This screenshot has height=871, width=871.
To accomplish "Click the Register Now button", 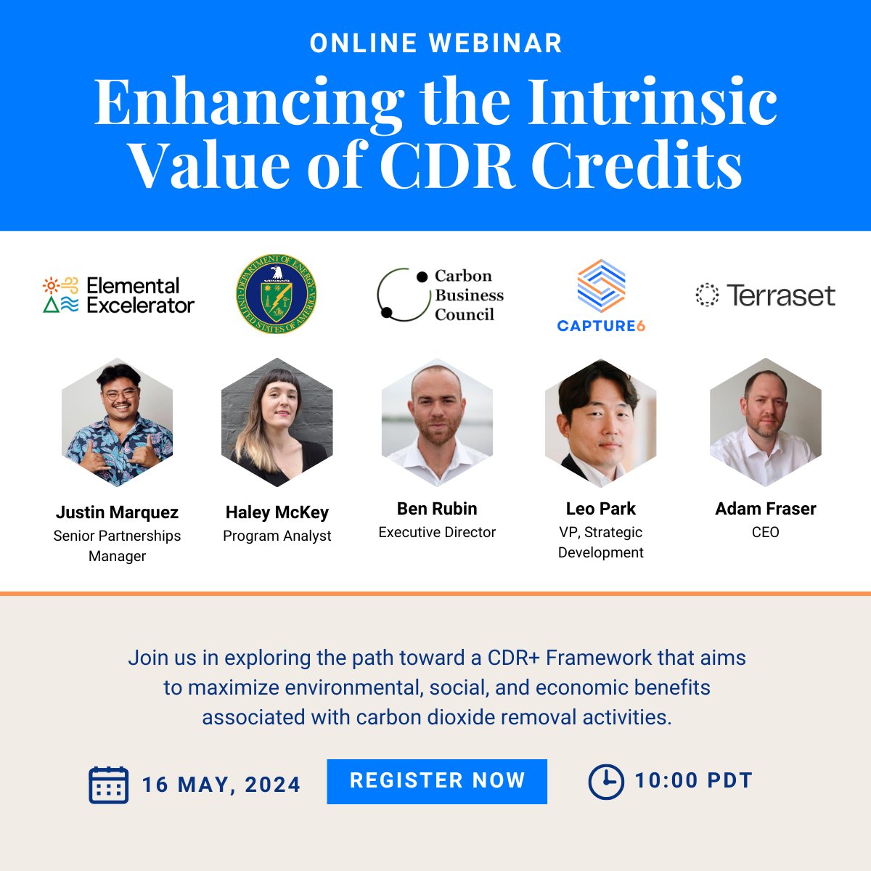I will pyautogui.click(x=437, y=781).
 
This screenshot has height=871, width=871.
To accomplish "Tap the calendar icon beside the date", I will pyautogui.click(x=108, y=785).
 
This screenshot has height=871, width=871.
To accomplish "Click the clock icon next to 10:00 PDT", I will pyautogui.click(x=605, y=782).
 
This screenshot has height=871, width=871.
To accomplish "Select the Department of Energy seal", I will pyautogui.click(x=277, y=294).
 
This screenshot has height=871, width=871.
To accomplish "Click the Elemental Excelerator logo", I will pyautogui.click(x=118, y=295).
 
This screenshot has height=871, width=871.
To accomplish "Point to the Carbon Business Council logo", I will pyautogui.click(x=441, y=295).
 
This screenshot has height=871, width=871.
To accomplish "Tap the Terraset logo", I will pyautogui.click(x=765, y=295).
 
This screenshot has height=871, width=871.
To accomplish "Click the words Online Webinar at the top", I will pyautogui.click(x=435, y=44).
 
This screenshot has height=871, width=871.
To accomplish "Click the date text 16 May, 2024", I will pyautogui.click(x=221, y=785).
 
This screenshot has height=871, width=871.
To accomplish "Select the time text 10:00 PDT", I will pyautogui.click(x=693, y=781).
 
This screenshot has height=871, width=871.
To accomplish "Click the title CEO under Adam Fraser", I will pyautogui.click(x=766, y=532).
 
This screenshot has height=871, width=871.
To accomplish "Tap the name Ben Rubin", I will pyautogui.click(x=437, y=509).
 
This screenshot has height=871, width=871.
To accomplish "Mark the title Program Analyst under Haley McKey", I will pyautogui.click(x=277, y=536).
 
